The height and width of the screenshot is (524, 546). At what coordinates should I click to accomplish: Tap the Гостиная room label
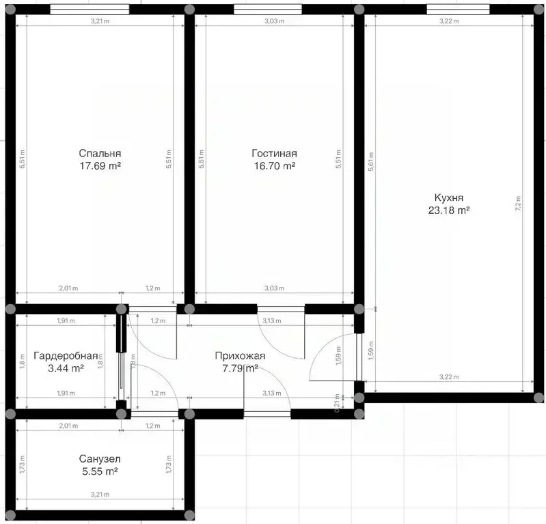[x=273, y=153]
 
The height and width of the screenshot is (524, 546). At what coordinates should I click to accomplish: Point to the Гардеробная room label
[x=66, y=356]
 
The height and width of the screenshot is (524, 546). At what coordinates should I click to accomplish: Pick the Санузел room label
[x=100, y=460]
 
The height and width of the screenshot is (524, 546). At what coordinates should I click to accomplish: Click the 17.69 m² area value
[x=100, y=165]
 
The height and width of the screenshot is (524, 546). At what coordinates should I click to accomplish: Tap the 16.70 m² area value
[x=273, y=165]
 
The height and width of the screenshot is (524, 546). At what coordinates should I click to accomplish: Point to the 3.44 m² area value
[x=66, y=368]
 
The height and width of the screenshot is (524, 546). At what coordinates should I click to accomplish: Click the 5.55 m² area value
[x=100, y=472]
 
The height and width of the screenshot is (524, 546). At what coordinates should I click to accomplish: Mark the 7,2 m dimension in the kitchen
[x=519, y=203]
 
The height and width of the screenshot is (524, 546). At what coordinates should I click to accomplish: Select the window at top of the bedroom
[x=90, y=10]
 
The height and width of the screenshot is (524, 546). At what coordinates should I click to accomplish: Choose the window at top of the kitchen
[x=457, y=10]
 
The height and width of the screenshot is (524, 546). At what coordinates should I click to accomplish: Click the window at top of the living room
[x=267, y=10]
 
